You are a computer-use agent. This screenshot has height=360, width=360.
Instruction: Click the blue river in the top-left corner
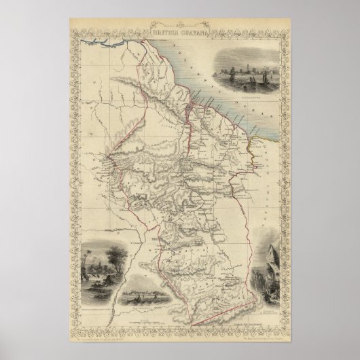point(102,43)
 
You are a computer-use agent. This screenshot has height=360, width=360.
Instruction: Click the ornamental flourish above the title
point(180,24)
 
